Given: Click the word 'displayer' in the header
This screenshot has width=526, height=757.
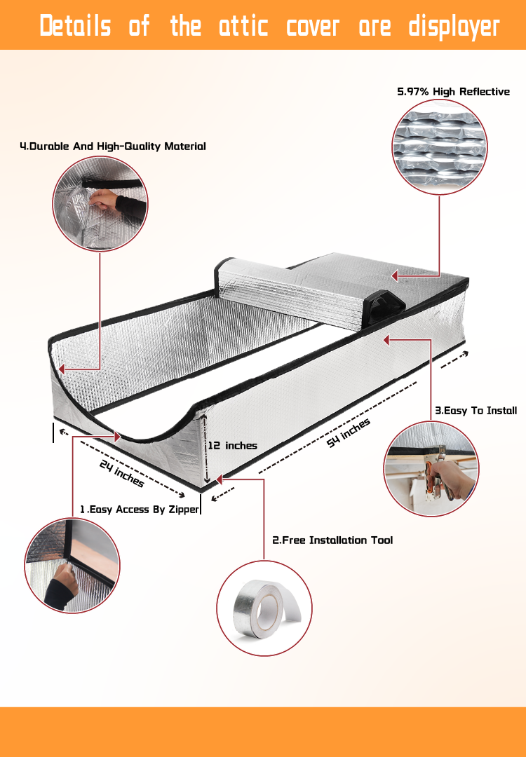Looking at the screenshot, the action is (454, 26).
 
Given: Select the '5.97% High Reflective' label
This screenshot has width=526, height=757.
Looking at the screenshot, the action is (454, 92).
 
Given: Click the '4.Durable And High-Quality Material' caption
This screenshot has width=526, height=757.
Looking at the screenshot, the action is (112, 146).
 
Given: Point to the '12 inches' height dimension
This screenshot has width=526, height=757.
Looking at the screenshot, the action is (232, 445).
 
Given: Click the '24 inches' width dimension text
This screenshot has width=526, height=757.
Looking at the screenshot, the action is (122, 473).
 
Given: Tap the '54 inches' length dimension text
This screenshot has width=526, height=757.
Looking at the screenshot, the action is (349, 432).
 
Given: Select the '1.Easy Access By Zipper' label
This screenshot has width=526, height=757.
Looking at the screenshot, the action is (139, 510).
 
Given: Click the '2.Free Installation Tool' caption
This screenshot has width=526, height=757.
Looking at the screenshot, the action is (332, 540).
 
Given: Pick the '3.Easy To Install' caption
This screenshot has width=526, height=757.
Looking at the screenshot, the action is (476, 410).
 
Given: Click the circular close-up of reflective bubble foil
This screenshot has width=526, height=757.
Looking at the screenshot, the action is (440, 147).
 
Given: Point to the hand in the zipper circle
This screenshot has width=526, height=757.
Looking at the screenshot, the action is (61, 586).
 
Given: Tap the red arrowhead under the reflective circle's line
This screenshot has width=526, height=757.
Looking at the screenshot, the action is (394, 275).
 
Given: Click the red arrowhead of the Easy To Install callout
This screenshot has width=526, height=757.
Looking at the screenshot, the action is (386, 340).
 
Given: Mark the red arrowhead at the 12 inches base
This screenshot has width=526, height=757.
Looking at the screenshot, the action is (219, 479).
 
